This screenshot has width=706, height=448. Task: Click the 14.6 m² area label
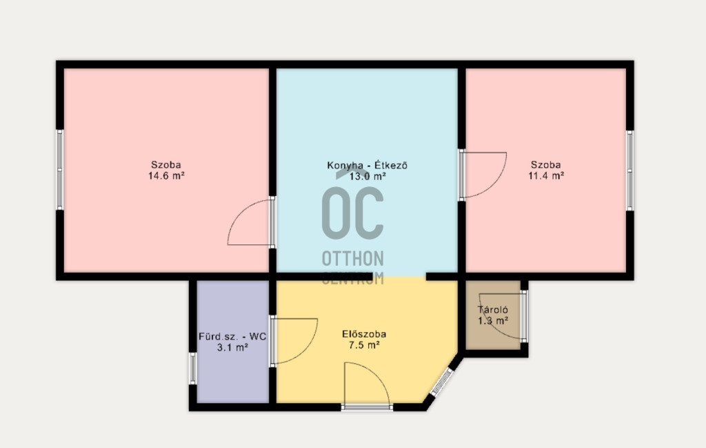[x=166, y=176]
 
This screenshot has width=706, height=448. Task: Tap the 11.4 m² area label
[x=546, y=176]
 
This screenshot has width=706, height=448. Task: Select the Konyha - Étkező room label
[x=367, y=166]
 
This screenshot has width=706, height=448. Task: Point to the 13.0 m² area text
[x=367, y=177]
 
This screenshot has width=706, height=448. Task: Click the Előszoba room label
[x=364, y=334]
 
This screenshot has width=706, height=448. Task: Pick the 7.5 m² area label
[x=364, y=346]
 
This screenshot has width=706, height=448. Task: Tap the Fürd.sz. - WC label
[x=232, y=337]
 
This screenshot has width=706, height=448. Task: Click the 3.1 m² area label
[x=232, y=347]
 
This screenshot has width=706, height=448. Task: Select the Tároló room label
[x=493, y=310]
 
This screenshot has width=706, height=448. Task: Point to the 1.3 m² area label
[x=493, y=321]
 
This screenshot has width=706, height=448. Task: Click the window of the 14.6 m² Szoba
[x=59, y=169]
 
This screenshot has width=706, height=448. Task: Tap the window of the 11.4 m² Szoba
[x=629, y=171]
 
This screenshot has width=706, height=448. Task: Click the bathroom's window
[x=192, y=368]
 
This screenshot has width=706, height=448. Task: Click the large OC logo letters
[x=353, y=213]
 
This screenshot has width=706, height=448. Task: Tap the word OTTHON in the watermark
[x=353, y=259]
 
